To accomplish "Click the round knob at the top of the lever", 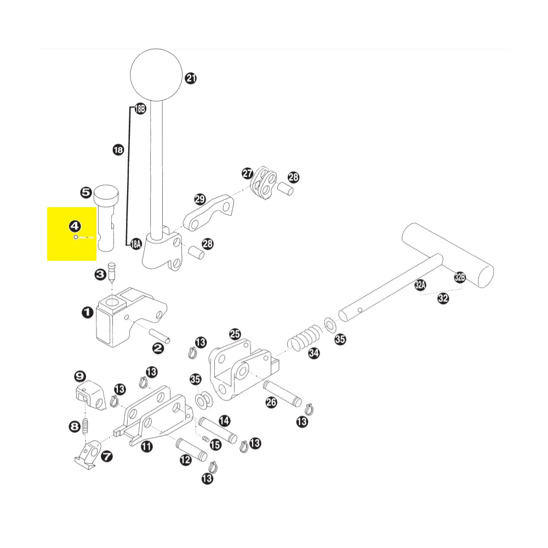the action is [x=156, y=75].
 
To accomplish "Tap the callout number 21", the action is [x=191, y=78].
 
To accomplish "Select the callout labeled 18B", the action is [x=140, y=109].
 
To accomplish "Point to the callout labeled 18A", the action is [x=135, y=244].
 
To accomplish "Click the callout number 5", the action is [x=86, y=192].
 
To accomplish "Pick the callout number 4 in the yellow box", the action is [x=75, y=226].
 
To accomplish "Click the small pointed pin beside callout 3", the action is [x=111, y=272].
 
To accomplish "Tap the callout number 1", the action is [x=87, y=312].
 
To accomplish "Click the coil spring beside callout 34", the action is [x=304, y=338].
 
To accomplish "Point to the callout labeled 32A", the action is [x=420, y=285].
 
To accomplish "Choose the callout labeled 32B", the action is [x=460, y=277].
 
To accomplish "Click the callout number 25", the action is [x=235, y=334].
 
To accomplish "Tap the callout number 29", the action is [x=200, y=199].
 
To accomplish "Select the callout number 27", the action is [x=248, y=173].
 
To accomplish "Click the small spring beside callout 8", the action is [x=85, y=426].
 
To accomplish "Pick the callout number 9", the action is [x=80, y=376].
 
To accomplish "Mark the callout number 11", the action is [x=147, y=446].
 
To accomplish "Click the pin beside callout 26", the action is [x=282, y=393].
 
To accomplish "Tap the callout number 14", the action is [x=224, y=421].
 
